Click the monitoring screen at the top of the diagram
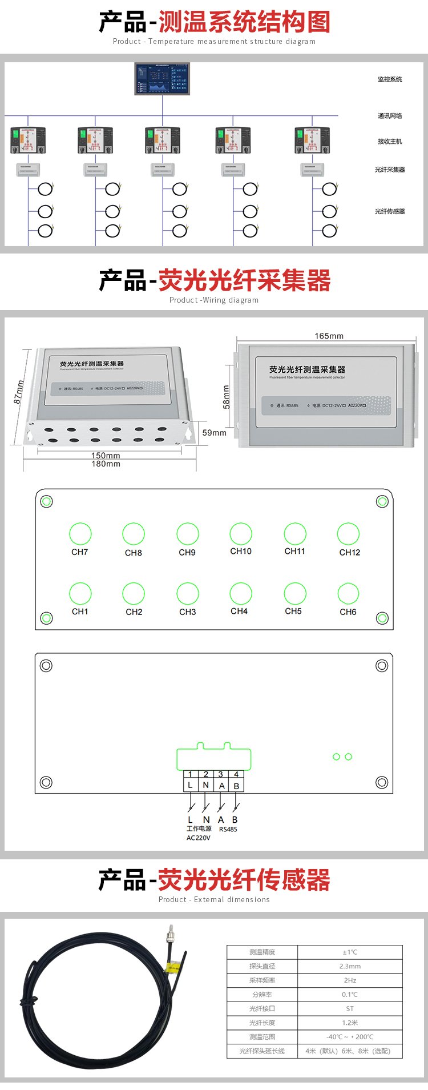pos(162,79)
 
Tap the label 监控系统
pos(390,79)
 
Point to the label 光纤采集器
pos(390,170)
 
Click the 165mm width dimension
pos(329,336)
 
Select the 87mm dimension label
pos(19,392)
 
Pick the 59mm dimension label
pos(214,433)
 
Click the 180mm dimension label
pos(106,464)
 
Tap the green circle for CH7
pos(80,534)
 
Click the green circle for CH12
pos(348,534)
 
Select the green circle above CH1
pos(80,594)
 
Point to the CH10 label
pos(241,551)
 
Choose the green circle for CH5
pos(295,594)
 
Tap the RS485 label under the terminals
pos(228,829)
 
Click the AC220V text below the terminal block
pos(199,838)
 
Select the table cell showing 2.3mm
pos(350,966)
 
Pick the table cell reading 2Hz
pos(350,980)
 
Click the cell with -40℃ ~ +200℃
pos(350,1036)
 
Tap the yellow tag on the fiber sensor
pos(171,967)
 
